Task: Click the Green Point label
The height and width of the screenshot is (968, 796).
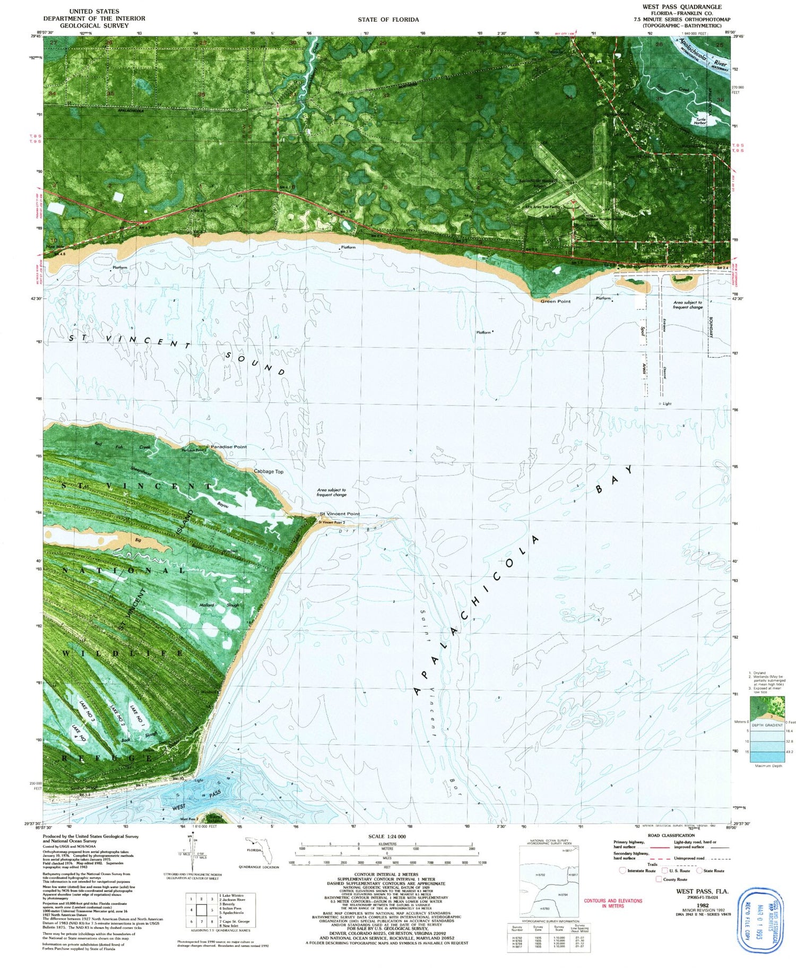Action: pos(556,301)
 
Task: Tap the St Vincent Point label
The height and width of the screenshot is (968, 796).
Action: pos(340,514)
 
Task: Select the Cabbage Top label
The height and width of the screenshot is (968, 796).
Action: pos(269,471)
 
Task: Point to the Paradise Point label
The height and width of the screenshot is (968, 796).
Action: pos(229,447)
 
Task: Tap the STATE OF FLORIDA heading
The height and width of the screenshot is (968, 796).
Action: pos(388,20)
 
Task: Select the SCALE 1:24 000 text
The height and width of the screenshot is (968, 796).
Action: pos(387,836)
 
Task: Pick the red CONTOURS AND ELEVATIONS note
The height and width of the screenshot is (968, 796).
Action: pos(613,903)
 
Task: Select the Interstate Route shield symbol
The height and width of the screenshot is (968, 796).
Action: pos(622,870)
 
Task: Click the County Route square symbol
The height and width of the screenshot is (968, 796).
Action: pos(659,879)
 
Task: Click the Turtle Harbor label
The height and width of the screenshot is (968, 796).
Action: pos(702,121)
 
